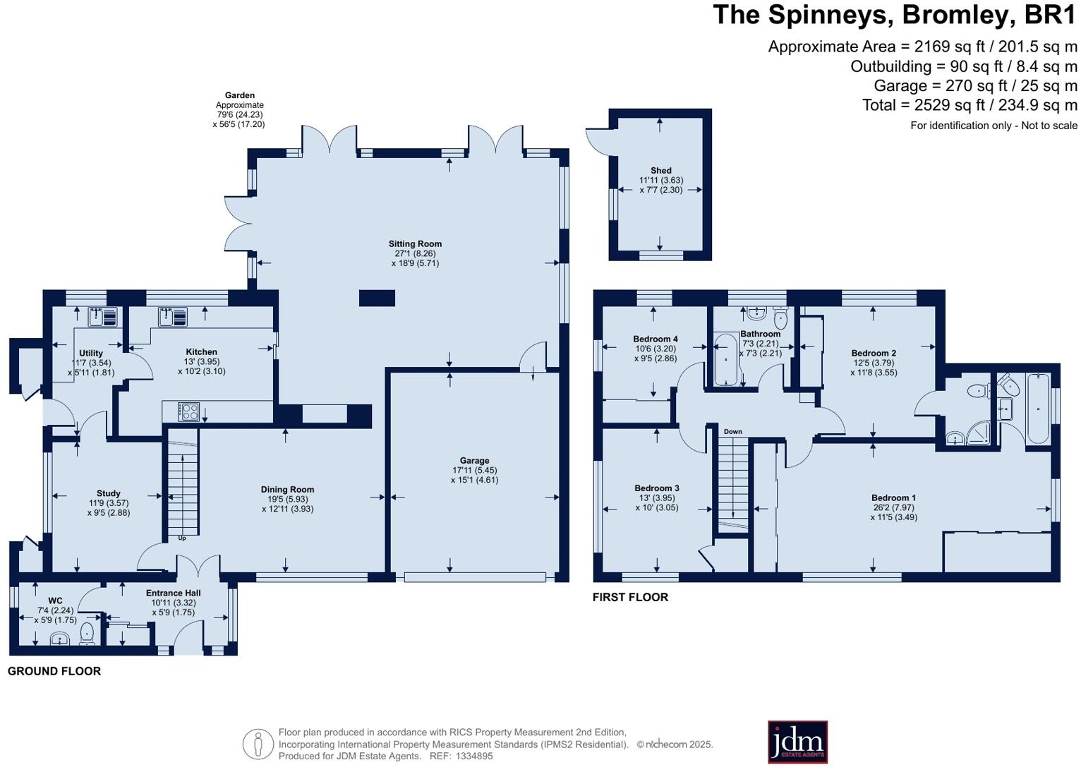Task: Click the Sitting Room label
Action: [x=415, y=244]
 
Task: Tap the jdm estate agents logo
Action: [x=797, y=742]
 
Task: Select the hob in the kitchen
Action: [x=188, y=411]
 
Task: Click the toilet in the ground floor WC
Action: [x=87, y=633]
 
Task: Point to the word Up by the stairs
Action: [x=182, y=538]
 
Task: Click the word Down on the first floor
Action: [x=732, y=431]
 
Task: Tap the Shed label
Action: [x=660, y=170]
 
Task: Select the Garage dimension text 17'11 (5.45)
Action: [x=474, y=470]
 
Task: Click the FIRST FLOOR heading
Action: [x=630, y=597]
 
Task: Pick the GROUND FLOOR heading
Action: [x=54, y=671]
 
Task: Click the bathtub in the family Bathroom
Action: [x=726, y=359]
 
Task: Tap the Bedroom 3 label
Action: [x=656, y=488]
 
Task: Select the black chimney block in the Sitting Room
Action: [x=377, y=298]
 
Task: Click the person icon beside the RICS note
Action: [x=258, y=744]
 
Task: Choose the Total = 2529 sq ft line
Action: [x=970, y=105]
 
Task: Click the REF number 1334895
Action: [x=474, y=756]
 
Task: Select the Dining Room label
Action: [x=288, y=489]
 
